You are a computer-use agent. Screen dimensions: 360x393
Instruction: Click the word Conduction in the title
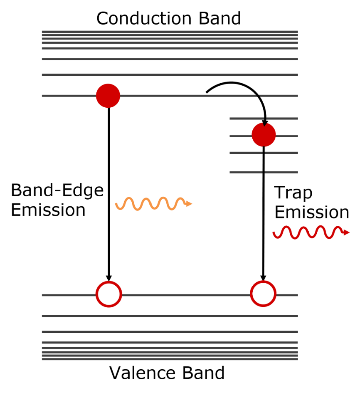pos(144,19)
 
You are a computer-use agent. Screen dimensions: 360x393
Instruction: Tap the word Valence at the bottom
pos(143,373)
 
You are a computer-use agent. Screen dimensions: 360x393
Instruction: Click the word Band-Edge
pos(57,190)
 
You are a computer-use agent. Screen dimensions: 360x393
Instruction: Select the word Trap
pos(293,193)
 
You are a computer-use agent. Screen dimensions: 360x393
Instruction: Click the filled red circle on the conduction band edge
pos(108,96)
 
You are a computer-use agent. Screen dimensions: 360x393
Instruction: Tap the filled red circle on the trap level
pos(264,135)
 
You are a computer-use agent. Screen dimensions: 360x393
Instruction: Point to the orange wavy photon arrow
pos(153,203)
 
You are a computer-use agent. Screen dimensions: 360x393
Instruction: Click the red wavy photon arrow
pos(311,232)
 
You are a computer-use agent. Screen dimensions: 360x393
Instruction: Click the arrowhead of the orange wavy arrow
pos(189,204)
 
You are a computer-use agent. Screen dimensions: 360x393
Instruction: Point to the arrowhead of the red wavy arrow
pos(346,232)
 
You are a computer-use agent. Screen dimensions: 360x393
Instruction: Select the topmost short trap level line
pos(264,118)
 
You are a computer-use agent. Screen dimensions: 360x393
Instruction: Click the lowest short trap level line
pos(264,172)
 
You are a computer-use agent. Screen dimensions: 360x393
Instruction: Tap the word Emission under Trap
pos(312,212)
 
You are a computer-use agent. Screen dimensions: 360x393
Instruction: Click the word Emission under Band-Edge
pos(48,210)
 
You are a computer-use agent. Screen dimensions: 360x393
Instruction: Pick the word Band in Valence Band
pos(203,373)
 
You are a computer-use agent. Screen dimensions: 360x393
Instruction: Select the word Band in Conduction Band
pos(220,19)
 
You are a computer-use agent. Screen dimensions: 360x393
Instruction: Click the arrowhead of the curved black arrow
pos(265,124)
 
